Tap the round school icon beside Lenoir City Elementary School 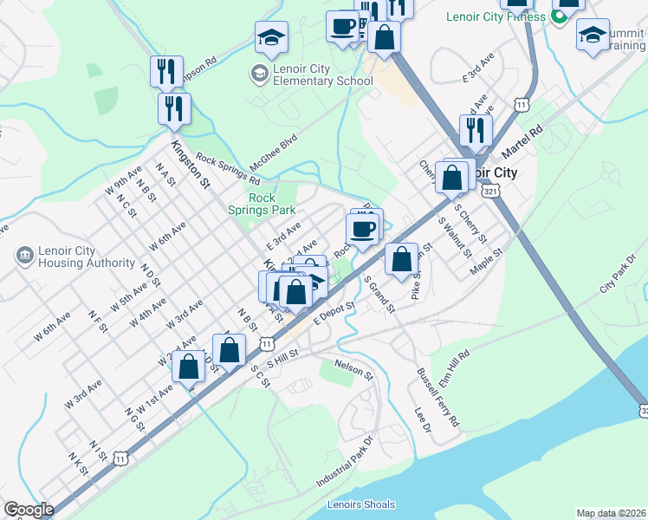(x=258, y=75)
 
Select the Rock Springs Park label (x=262, y=204)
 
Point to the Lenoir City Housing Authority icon (x=23, y=256)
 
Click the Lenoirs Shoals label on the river (x=361, y=504)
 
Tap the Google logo (x=29, y=510)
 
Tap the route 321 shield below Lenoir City (x=489, y=190)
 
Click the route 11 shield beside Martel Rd (x=521, y=105)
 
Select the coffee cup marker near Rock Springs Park (x=362, y=229)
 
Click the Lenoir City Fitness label (x=496, y=16)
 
